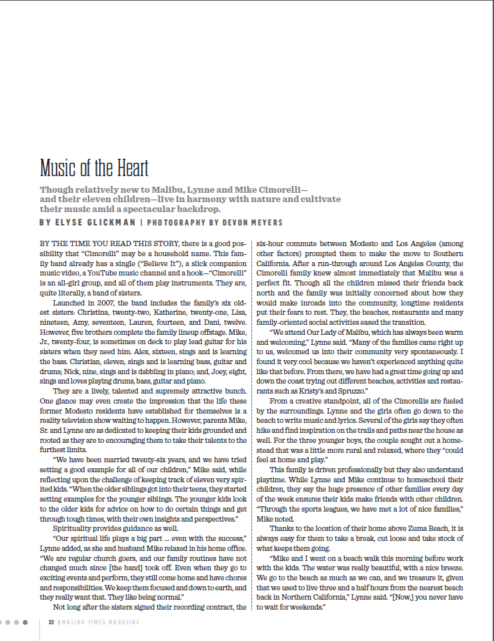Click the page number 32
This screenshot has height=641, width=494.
pyautogui.click(x=51, y=622)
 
